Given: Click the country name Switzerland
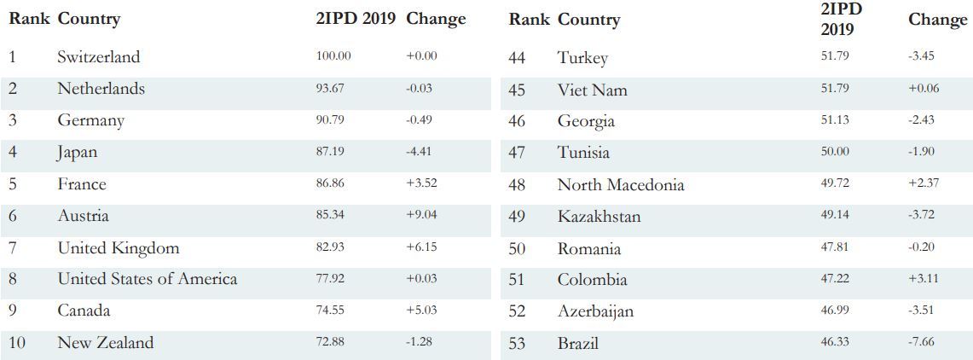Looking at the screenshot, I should [x=98, y=57].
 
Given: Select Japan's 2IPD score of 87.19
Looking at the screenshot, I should [x=330, y=151].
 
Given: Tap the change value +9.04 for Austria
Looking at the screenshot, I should [x=421, y=215].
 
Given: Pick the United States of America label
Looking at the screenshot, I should [x=147, y=279].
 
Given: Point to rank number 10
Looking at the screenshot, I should [x=17, y=343].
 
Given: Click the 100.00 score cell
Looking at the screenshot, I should [x=333, y=56].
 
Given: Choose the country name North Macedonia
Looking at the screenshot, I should [x=620, y=184].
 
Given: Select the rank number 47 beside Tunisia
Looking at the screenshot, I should [x=517, y=153].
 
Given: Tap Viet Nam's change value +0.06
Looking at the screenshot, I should [x=922, y=88].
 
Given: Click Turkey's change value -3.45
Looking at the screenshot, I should [x=922, y=56].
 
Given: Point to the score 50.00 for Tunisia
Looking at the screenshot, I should [x=835, y=151].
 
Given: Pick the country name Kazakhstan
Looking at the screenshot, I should [x=599, y=217].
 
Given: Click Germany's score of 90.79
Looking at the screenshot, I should [x=330, y=119].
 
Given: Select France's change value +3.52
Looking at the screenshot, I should [x=421, y=183].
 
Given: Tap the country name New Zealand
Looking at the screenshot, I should [x=106, y=343].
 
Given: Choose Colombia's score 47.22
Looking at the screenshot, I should [x=835, y=278].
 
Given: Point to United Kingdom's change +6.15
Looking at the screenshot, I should [x=421, y=247].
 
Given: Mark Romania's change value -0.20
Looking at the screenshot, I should [x=922, y=247].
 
